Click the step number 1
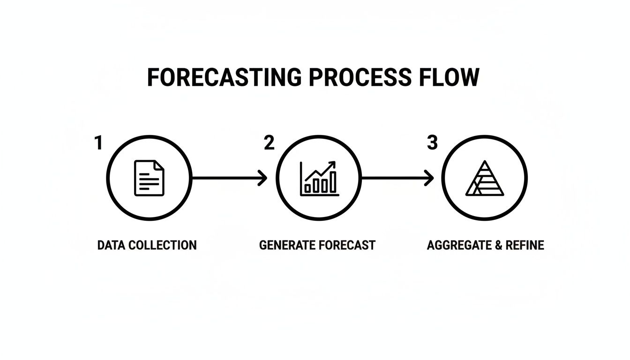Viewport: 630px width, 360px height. (98, 143)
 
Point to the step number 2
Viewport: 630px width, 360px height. (269, 143)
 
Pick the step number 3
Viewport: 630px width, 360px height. (432, 143)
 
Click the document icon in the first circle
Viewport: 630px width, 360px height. (150, 178)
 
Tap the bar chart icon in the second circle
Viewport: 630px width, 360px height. (319, 179)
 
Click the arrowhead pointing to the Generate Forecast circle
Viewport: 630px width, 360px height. (263, 178)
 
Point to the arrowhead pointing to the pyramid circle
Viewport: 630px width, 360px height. (429, 178)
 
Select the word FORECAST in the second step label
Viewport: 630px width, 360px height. (346, 245)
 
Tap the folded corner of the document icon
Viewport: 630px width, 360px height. (160, 165)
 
